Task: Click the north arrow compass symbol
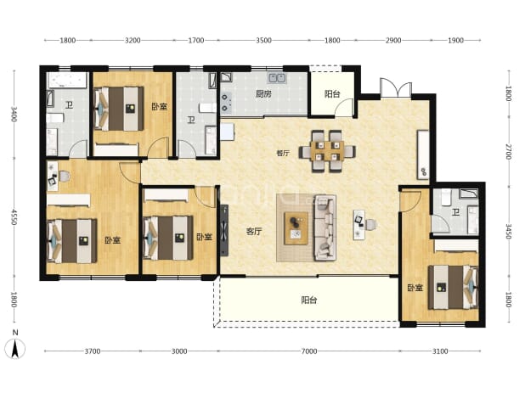[x=15, y=348]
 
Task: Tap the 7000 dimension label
[x=308, y=351]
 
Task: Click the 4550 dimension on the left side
[x=14, y=217]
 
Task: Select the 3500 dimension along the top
[x=263, y=41]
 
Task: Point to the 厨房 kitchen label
[x=263, y=94]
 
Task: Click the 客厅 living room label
[x=254, y=232]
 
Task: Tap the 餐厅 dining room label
[x=283, y=154]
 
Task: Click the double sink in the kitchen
[x=277, y=78]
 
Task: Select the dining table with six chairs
[x=327, y=151]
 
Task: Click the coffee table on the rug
[x=296, y=228]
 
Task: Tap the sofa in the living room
[x=325, y=228]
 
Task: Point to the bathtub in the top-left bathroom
[x=68, y=80]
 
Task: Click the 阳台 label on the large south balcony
[x=308, y=300]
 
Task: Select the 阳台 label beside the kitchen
[x=332, y=94]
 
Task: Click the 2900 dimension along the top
[x=393, y=41]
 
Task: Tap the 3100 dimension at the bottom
[x=439, y=351]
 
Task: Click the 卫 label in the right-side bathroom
[x=455, y=212]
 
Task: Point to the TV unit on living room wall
[x=224, y=230]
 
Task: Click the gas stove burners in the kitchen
[x=225, y=103]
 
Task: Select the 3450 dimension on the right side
[x=509, y=232]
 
